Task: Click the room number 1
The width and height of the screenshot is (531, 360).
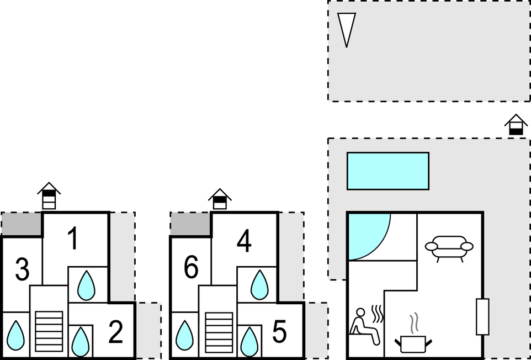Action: [73, 239]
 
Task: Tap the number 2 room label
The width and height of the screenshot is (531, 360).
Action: [116, 331]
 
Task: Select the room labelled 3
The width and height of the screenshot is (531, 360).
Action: [22, 269]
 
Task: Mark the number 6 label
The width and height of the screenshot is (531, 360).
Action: [191, 268]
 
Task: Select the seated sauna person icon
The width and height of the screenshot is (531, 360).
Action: [367, 325]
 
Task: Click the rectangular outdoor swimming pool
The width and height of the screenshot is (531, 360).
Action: [388, 171]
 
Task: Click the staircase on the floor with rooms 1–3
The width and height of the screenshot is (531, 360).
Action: [49, 331]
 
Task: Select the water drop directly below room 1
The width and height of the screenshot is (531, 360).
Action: [86, 285]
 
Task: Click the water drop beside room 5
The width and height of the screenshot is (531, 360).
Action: [249, 342]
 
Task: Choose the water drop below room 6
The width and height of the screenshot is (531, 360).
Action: [185, 335]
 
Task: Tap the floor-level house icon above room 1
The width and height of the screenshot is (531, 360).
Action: [49, 196]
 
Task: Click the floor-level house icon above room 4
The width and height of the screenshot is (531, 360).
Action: [220, 199]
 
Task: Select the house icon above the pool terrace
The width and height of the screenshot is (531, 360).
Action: [516, 125]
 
